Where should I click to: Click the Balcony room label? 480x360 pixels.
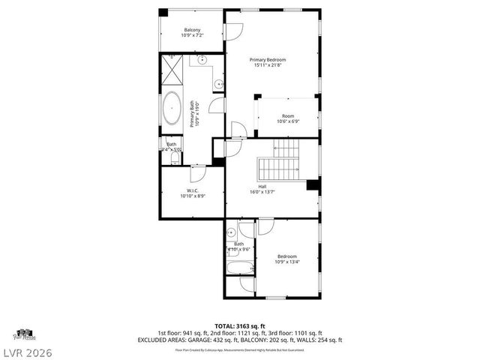tap(192, 30)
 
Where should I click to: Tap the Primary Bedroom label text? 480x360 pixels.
tap(268, 60)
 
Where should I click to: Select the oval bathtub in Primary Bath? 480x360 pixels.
tap(172, 109)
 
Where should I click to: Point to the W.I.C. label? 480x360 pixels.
tap(193, 191)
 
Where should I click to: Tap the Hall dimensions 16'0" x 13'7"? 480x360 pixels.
tap(262, 191)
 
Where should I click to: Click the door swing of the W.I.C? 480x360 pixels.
tap(198, 174)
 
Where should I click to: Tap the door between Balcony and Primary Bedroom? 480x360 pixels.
tap(235, 31)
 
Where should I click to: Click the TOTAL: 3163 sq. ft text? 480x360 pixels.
tap(239, 325)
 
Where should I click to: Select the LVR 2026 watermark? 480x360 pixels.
tap(27, 352)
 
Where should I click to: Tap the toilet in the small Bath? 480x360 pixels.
tap(175, 159)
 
